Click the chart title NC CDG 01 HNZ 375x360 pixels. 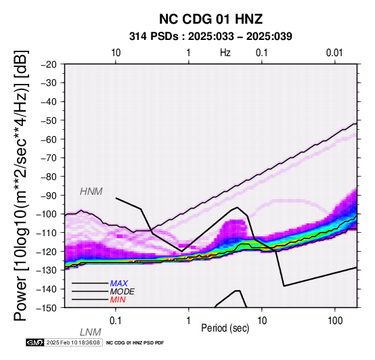[x=211, y=19]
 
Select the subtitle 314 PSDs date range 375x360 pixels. [x=211, y=37]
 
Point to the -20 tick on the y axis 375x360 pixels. [x=48, y=64]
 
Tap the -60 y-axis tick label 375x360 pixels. [x=48, y=139]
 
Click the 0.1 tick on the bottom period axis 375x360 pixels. [x=116, y=321]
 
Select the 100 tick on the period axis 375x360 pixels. [x=335, y=321]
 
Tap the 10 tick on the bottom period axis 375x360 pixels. [x=262, y=321]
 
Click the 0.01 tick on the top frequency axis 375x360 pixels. [x=334, y=53]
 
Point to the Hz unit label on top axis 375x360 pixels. [x=225, y=53]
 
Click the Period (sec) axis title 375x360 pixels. [x=225, y=328]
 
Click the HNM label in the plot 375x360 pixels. [x=91, y=192]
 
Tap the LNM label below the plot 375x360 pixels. [x=91, y=332]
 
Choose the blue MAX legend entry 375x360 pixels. [x=119, y=284]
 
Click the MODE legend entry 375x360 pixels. [x=123, y=292]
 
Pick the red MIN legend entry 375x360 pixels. [x=118, y=300]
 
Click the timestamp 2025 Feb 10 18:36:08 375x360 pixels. [x=73, y=342]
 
